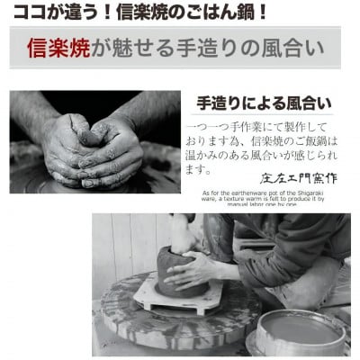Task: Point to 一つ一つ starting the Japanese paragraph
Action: pos(216,125)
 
